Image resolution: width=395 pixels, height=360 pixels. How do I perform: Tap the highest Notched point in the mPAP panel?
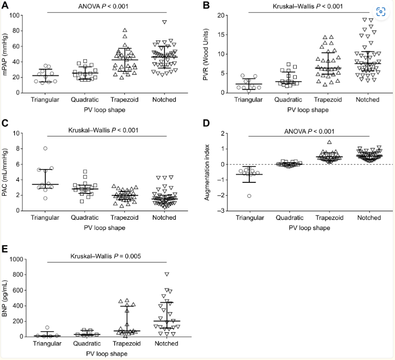tap(165, 22)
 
